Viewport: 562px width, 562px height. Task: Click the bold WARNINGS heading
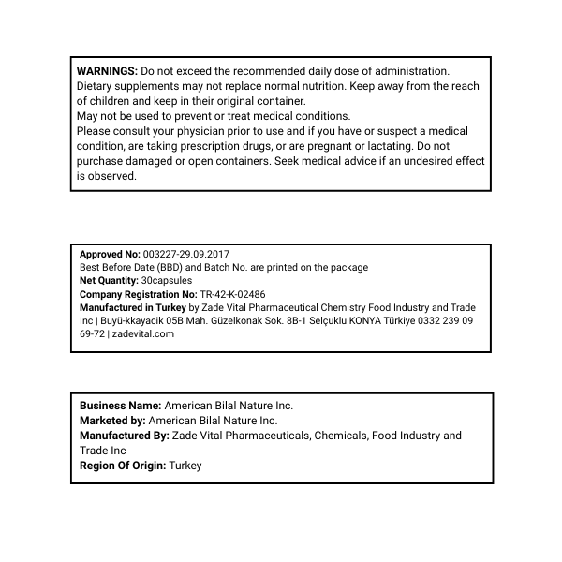[x=107, y=71]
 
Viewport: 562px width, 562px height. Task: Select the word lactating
[x=384, y=146]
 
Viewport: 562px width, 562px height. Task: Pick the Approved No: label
[x=110, y=254]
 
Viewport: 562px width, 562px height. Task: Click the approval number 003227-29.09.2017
[x=185, y=254]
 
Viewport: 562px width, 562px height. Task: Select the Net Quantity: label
[x=111, y=280]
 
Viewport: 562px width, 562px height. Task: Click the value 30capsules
[x=170, y=280]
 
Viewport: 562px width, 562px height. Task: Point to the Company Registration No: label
[x=139, y=294]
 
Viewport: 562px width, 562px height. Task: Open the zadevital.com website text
[x=143, y=333]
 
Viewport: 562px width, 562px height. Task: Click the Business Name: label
[x=120, y=406]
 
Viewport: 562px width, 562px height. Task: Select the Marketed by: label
[x=112, y=421]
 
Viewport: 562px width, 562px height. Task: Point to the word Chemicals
[x=340, y=436]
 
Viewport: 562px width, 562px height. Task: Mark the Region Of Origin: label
[x=122, y=466]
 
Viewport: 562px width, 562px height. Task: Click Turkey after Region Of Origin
[x=185, y=466]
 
